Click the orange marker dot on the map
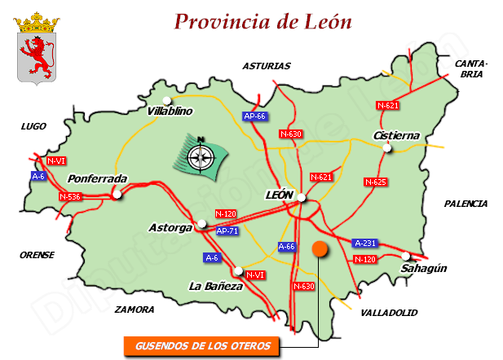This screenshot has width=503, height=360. [x=319, y=248]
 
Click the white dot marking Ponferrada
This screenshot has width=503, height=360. [x=119, y=194]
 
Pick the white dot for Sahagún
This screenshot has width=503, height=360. [x=406, y=256]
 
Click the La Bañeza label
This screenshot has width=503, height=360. [x=215, y=287]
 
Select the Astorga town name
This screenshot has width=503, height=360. [x=171, y=227]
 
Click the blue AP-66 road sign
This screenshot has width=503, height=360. [x=255, y=116]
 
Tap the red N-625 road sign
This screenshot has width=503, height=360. [x=375, y=182]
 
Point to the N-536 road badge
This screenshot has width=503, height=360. [x=71, y=196]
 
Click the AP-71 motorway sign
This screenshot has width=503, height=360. [x=228, y=231]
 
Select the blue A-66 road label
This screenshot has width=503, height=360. [x=287, y=246]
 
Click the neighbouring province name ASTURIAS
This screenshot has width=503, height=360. [x=266, y=66]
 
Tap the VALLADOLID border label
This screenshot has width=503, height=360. [x=388, y=312]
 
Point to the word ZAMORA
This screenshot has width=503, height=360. [x=135, y=310]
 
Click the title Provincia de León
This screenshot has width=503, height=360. [x=263, y=21]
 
